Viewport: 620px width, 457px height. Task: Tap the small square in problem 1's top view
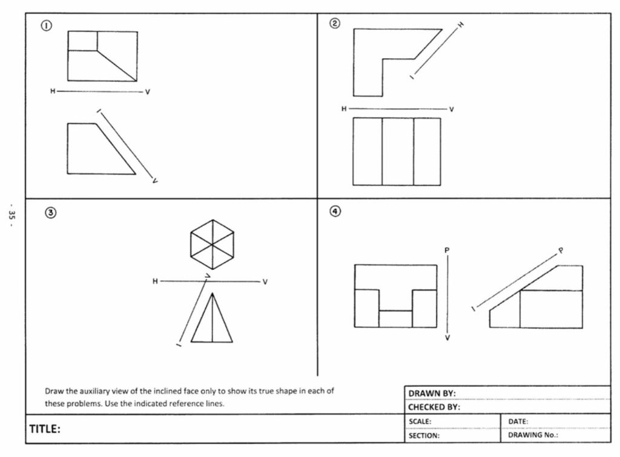coord(82,41)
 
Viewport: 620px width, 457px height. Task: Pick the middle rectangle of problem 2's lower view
coord(397,151)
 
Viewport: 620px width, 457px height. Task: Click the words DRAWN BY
coord(432,393)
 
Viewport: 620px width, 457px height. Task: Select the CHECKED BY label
coord(434,407)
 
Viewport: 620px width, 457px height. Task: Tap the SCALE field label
coord(419,421)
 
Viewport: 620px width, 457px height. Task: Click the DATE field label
coord(518,421)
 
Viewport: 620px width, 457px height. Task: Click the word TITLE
coord(45,429)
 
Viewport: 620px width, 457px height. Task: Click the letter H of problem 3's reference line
coord(155,281)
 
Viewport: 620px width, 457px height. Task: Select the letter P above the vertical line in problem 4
coord(447,250)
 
